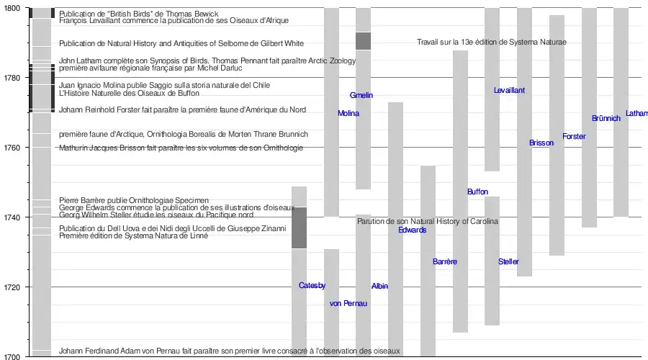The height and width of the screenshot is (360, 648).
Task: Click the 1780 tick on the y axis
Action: [x=13, y=77]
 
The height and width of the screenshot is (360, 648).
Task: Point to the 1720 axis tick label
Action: [x=13, y=287]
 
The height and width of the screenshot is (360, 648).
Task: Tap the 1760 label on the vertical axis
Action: [x=13, y=147]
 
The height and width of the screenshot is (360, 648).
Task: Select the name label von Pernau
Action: [x=348, y=304]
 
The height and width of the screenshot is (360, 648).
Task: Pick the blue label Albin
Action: [x=379, y=287]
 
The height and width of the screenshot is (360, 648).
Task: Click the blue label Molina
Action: [x=348, y=114]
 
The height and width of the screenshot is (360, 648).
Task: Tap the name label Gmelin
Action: [x=361, y=96]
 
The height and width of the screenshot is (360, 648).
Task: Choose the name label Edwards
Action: [x=413, y=230]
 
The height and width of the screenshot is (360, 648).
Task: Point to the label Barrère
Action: [x=445, y=262]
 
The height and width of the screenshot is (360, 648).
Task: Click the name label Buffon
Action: [x=477, y=192]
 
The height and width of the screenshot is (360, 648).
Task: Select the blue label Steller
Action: [x=508, y=262]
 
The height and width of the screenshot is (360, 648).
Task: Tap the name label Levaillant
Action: [x=510, y=91]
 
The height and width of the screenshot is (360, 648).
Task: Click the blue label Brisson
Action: [x=541, y=143]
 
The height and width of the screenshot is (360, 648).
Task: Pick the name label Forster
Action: [x=574, y=137]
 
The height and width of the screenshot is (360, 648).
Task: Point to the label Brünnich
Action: [x=606, y=119]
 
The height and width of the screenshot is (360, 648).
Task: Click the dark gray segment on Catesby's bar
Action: [x=299, y=228]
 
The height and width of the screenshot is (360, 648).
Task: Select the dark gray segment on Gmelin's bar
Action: [x=363, y=41]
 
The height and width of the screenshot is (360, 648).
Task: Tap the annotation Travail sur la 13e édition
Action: [x=492, y=42]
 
